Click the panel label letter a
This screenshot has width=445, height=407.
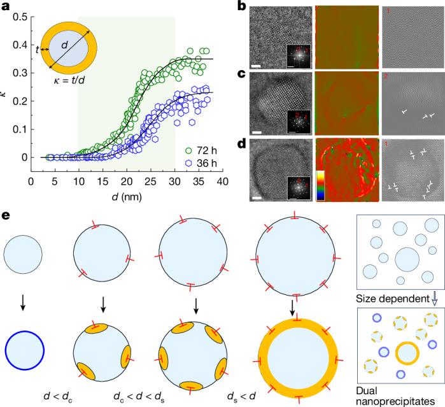(x=7, y=7)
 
